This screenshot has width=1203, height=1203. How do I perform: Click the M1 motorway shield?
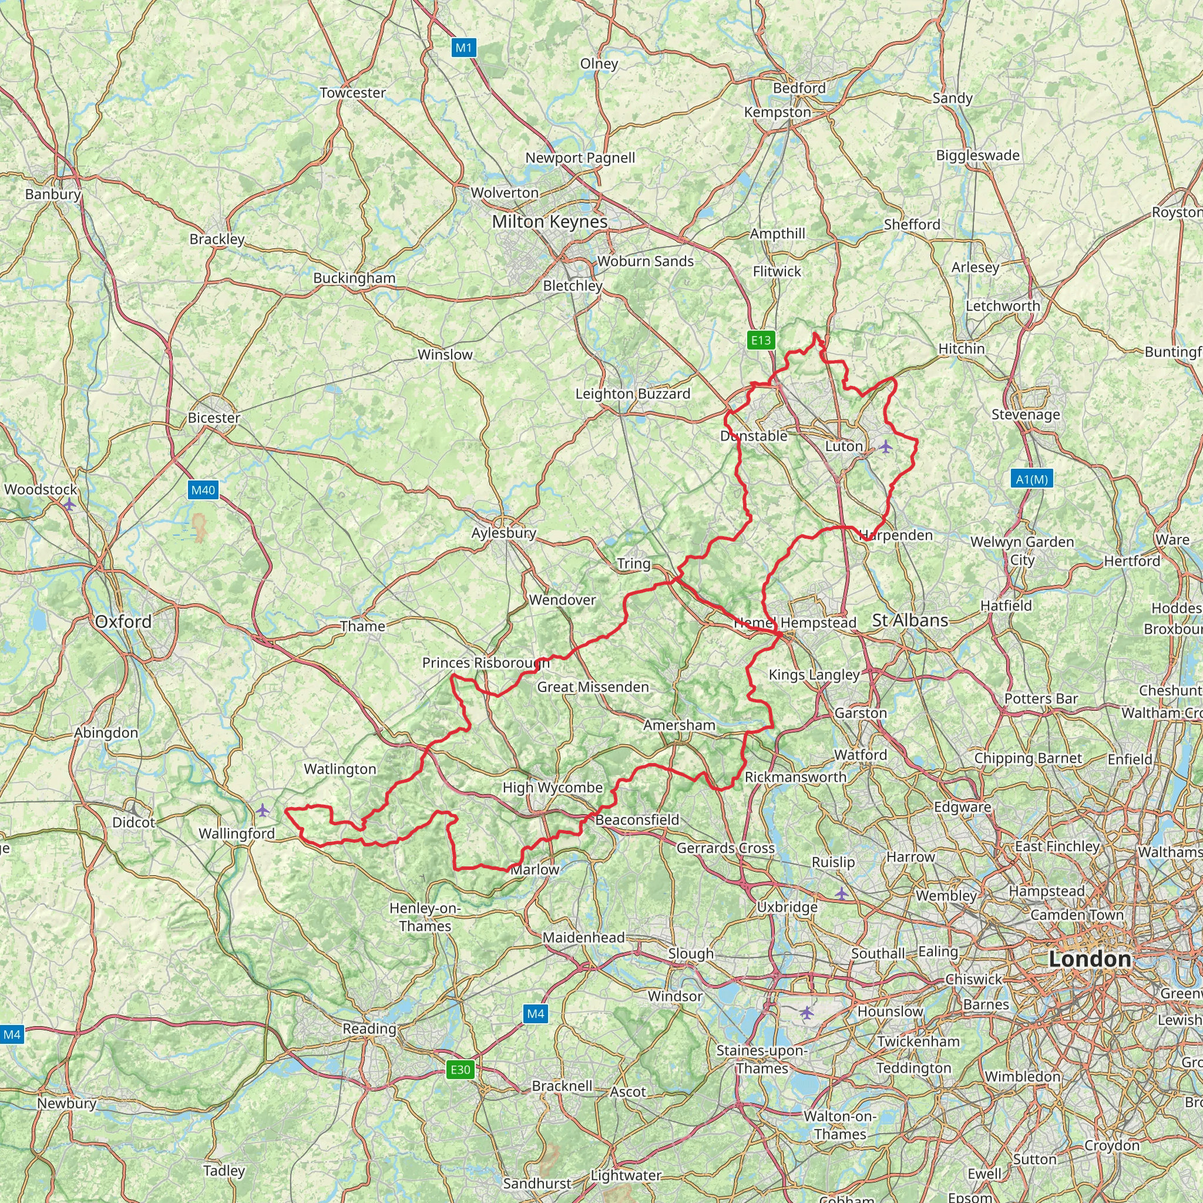pos(464,48)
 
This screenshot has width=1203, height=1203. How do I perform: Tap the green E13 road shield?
pos(761,340)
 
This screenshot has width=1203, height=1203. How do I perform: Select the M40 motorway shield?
pos(203,490)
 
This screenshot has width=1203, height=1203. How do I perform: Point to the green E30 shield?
pos(460,1070)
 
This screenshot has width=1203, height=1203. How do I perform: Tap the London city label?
pos(1090,959)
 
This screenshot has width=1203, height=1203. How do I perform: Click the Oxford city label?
pos(123,621)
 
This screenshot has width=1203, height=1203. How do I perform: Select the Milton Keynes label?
pos(550,221)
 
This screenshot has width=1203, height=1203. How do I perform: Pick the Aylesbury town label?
pos(504,533)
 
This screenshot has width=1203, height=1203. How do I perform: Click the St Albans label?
pos(910,620)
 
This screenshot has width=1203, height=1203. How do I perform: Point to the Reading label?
pos(369,1029)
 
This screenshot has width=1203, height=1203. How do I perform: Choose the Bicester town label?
pos(214,418)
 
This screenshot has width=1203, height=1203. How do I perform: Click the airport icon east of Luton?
pos(885,446)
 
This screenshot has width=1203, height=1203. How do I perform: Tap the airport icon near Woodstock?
pos(70,505)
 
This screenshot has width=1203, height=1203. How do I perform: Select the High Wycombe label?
pos(553,788)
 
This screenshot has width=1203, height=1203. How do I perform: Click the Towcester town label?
pos(353,93)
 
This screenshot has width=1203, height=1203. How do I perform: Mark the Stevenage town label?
pos(1026,415)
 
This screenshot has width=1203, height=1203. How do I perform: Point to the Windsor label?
pos(675,996)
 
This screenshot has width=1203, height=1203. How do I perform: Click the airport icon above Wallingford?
pos(263,810)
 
